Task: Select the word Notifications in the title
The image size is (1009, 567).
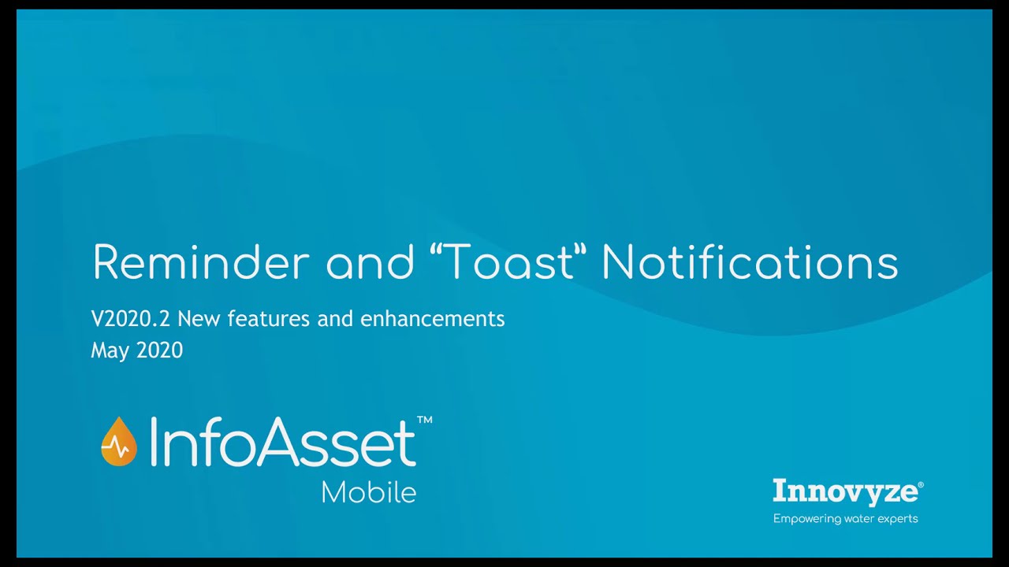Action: (x=750, y=262)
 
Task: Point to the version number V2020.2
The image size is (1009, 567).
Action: (x=131, y=319)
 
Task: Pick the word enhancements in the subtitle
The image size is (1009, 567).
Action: (x=432, y=319)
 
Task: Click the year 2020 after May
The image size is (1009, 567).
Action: (x=160, y=350)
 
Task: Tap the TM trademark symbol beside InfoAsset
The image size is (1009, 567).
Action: (x=424, y=421)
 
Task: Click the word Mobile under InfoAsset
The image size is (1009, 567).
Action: (x=368, y=492)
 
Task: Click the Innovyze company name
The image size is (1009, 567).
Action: (x=844, y=491)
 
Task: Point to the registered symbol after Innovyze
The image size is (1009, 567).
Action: (x=921, y=485)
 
